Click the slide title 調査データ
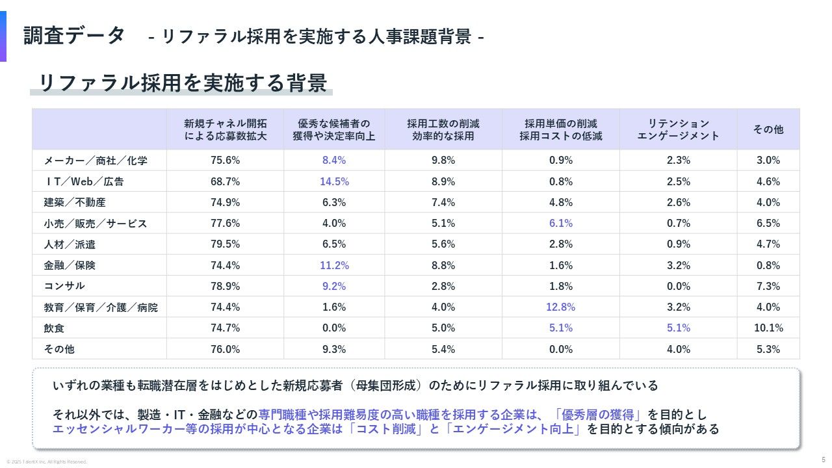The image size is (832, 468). click(74, 36)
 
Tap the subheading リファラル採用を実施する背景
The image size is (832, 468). click(183, 83)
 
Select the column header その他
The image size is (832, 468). click(768, 129)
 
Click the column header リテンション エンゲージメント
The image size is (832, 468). click(678, 129)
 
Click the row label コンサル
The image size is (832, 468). click(64, 286)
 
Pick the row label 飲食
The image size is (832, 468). click(54, 328)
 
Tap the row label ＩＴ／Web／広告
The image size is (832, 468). click(84, 181)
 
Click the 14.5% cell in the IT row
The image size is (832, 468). click(334, 181)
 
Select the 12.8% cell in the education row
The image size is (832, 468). click(560, 307)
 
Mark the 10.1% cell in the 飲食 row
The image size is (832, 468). click(768, 328)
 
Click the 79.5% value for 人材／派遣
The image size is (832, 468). click(225, 244)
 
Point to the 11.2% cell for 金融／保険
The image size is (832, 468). click(334, 265)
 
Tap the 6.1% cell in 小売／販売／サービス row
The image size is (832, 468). click(560, 223)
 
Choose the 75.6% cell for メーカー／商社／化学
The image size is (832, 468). click(225, 160)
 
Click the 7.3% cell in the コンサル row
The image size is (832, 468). click(768, 286)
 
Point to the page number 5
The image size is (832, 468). click(823, 459)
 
